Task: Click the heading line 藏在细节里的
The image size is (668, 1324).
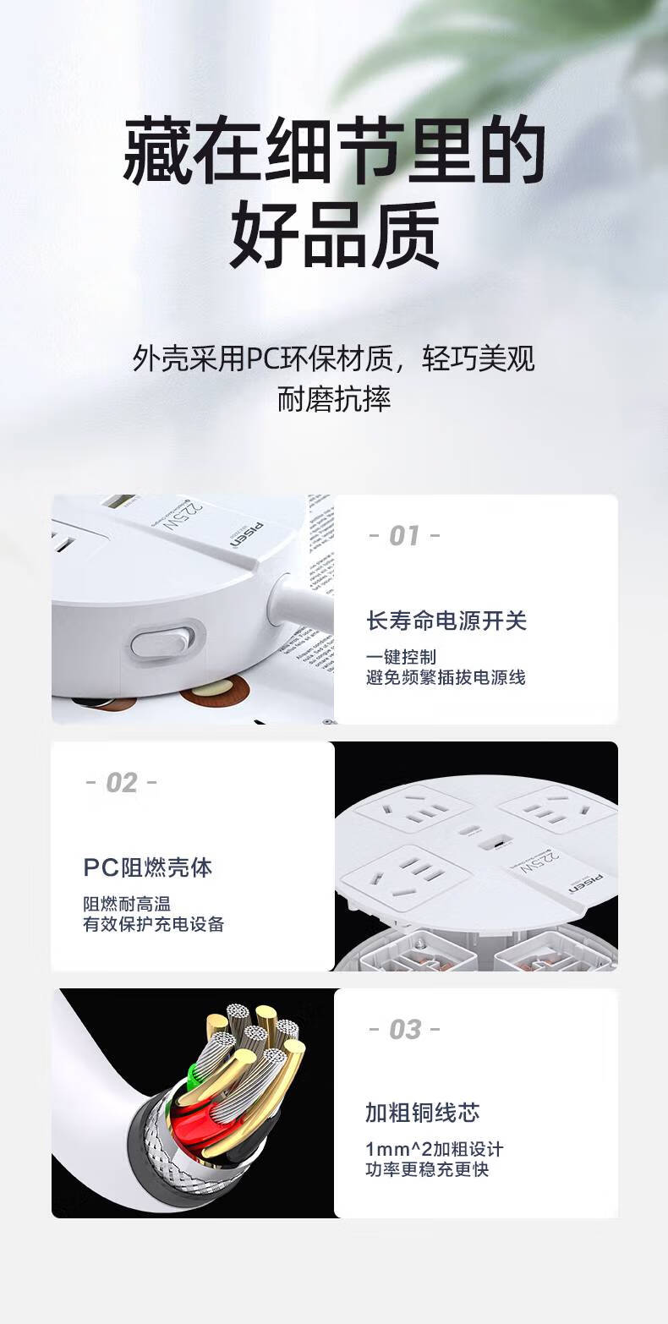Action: pyautogui.click(x=334, y=153)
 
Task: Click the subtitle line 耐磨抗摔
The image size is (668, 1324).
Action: pyautogui.click(x=334, y=399)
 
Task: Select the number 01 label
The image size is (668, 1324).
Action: pyautogui.click(x=404, y=536)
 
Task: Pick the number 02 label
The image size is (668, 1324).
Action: pyautogui.click(x=121, y=783)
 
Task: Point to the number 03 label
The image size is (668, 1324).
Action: pyautogui.click(x=404, y=1030)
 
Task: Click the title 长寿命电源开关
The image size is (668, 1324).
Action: pyautogui.click(x=446, y=621)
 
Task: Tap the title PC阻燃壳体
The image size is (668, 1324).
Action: pyautogui.click(x=148, y=867)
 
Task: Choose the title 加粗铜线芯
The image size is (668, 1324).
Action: pyautogui.click(x=423, y=1113)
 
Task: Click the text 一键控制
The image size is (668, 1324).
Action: pyautogui.click(x=402, y=657)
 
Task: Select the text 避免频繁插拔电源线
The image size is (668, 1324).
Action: pyautogui.click(x=446, y=677)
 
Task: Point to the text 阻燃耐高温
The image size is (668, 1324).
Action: pyautogui.click(x=127, y=904)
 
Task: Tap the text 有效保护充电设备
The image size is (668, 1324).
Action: pyautogui.click(x=153, y=924)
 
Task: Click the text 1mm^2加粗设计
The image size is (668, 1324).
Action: pyautogui.click(x=435, y=1150)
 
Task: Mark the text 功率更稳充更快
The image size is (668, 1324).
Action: pyautogui.click(x=427, y=1170)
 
